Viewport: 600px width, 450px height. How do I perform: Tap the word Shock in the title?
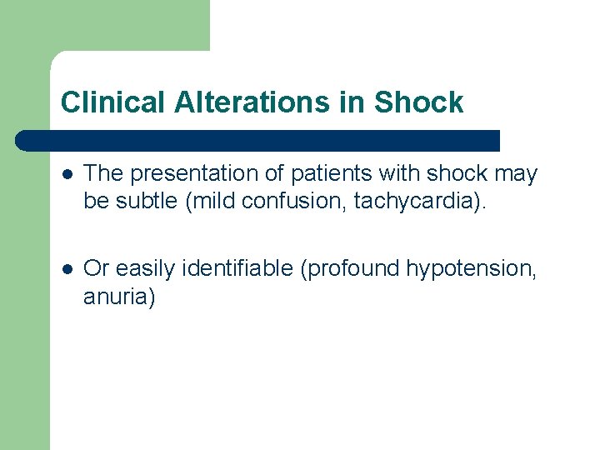pyautogui.click(x=418, y=102)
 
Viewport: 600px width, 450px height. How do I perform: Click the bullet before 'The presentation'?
pyautogui.click(x=67, y=174)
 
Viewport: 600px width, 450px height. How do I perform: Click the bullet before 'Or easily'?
pyautogui.click(x=67, y=268)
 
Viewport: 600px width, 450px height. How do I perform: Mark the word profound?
pyautogui.click(x=354, y=268)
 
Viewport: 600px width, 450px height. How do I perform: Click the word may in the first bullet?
pyautogui.click(x=517, y=174)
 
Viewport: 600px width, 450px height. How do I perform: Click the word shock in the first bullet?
pyautogui.click(x=456, y=174)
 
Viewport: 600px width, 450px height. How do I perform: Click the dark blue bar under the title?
pyautogui.click(x=258, y=140)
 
